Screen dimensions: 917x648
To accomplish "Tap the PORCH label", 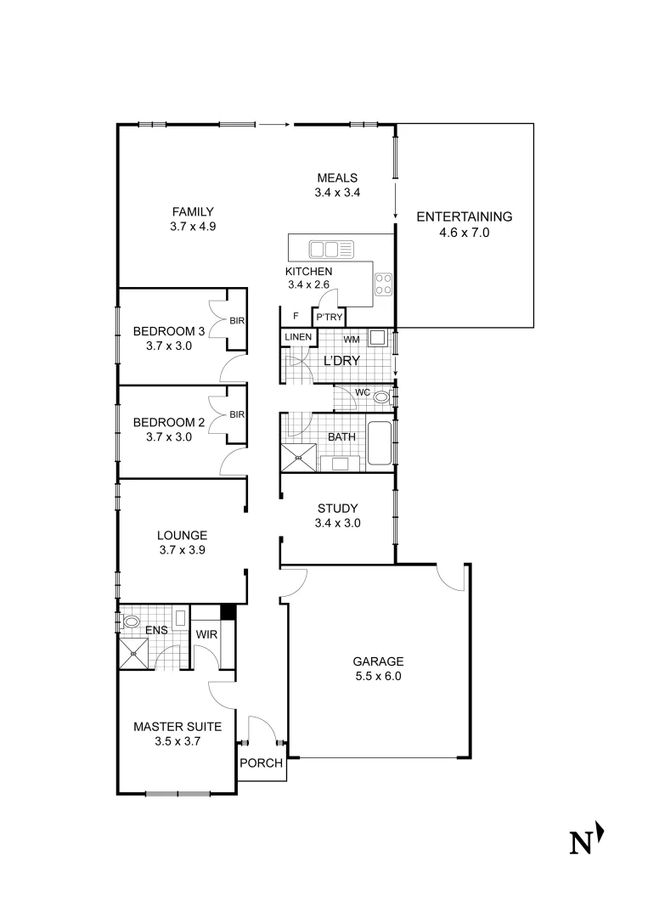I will tap(261, 762).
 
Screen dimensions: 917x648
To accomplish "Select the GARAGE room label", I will tap(380, 661).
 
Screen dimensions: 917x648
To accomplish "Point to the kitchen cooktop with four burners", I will tap(384, 283).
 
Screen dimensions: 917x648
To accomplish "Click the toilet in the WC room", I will tap(381, 396).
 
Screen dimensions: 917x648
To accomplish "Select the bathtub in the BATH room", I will tap(379, 442).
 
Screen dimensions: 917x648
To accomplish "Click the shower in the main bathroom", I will tap(299, 457).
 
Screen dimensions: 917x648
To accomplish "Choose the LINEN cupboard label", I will tap(297, 337).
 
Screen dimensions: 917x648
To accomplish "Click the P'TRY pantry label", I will tap(329, 317).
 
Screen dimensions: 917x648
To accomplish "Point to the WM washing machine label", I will tap(351, 340).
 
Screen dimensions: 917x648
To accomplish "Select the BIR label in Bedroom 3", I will tap(237, 320).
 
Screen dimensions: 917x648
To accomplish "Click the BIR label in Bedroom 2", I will tap(237, 414).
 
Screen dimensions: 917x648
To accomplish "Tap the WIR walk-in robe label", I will tap(207, 634).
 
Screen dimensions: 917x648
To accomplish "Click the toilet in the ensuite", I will tap(131, 622).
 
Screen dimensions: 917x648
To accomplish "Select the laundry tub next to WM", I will tap(380, 339).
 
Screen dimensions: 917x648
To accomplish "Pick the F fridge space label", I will tap(295, 316).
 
